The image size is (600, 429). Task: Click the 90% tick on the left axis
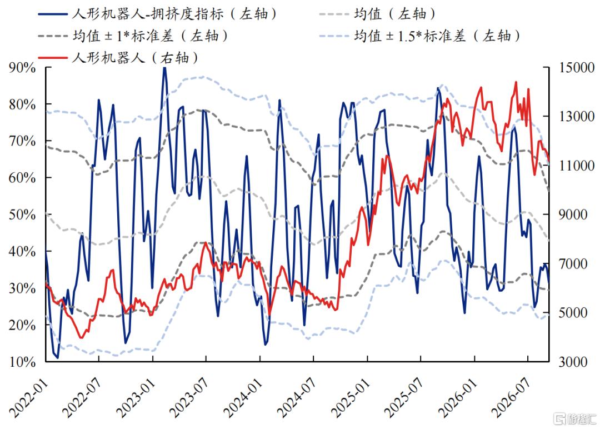[x=22, y=68]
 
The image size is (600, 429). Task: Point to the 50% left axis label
[x=22, y=214]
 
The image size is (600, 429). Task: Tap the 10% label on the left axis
[x=22, y=362]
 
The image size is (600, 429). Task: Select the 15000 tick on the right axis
[x=577, y=68]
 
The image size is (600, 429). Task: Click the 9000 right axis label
[x=573, y=214]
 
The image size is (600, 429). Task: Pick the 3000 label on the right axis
[x=573, y=362]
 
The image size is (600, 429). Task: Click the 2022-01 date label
[x=28, y=398]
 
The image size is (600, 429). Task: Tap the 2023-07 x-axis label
[x=188, y=398]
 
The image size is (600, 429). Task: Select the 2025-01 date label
[x=349, y=398]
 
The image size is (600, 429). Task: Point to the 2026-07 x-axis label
[x=510, y=398]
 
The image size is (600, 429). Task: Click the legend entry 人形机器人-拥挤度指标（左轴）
[x=157, y=14]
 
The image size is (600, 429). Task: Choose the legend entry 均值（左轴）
[x=377, y=14]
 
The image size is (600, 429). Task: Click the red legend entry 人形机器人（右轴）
[x=118, y=58]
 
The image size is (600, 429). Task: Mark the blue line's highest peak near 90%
[x=164, y=68]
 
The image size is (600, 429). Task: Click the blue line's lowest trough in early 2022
[x=58, y=358]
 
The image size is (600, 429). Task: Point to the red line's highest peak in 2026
[x=516, y=82]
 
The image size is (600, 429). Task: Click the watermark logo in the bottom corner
[x=575, y=418]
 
